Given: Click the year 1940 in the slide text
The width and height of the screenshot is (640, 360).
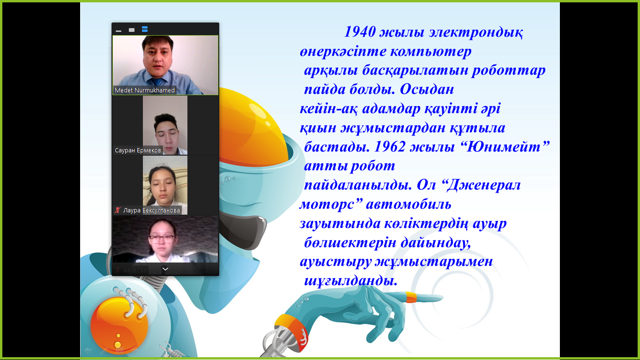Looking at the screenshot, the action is [x=360, y=32].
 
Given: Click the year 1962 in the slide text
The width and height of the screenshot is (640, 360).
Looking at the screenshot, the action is [x=390, y=147].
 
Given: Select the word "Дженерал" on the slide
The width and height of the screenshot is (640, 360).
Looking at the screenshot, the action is [x=484, y=185].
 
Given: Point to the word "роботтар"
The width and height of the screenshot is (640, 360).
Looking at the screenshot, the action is [x=508, y=70].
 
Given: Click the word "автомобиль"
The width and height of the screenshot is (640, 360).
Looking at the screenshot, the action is [x=409, y=204].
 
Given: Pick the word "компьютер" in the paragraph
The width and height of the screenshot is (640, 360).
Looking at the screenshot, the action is [x=431, y=52].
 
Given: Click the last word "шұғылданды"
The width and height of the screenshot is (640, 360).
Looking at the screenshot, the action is [x=350, y=281].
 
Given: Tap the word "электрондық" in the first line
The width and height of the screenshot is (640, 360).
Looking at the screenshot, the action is [x=476, y=32].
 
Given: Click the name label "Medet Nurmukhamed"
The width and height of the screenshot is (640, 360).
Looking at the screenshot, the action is [x=145, y=90].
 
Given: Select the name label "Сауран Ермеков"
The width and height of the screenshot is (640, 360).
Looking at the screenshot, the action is [x=138, y=150].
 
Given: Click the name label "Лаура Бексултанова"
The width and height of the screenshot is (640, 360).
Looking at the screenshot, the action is [x=151, y=210].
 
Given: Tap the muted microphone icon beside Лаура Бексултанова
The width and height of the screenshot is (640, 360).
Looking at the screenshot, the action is [x=118, y=210].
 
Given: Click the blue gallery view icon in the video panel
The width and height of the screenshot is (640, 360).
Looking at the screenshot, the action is [x=145, y=29].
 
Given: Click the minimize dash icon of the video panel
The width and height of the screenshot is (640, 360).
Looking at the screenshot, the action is [x=119, y=30].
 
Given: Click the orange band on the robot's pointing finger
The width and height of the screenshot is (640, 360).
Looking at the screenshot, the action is [x=411, y=297].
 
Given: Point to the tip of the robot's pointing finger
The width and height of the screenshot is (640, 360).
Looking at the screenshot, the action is [x=443, y=298].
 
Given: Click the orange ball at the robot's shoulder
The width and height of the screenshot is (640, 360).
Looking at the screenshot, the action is [x=119, y=326].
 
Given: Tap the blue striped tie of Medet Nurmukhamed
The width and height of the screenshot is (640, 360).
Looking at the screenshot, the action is [x=157, y=82].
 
